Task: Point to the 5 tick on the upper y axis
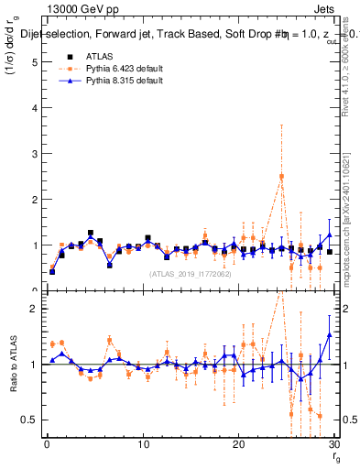34,62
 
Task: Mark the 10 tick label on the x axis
142,445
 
